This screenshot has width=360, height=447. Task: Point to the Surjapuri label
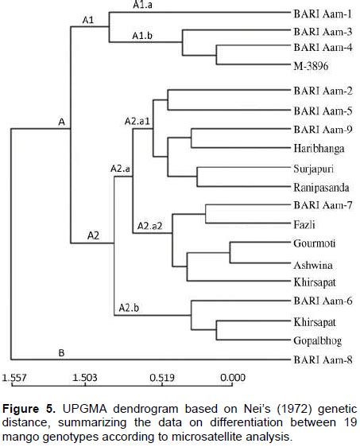(312, 168)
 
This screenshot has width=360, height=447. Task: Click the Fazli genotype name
(305, 226)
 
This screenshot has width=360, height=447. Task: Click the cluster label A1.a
(144, 5)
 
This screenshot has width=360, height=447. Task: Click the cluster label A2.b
(130, 306)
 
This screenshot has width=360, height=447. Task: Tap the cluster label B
(61, 352)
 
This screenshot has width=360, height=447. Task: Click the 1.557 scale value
(15, 378)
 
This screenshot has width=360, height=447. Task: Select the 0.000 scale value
(233, 378)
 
